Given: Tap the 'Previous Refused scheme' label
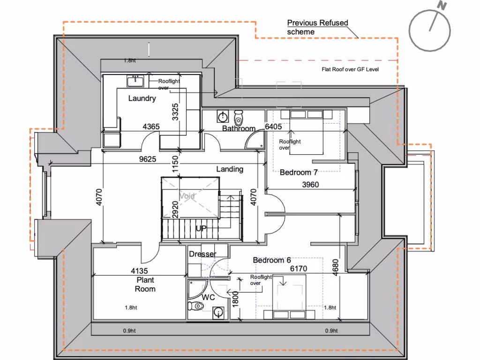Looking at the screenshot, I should pos(317,27).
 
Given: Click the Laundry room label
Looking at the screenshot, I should pos(142,98).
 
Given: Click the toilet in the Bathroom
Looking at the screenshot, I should pos(239,115).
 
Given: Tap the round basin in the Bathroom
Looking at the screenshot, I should pos(222,116).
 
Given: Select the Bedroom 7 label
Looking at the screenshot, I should pos(299,172).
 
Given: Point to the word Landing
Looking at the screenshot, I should pos(230,169).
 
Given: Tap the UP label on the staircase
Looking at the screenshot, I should pos(201,228).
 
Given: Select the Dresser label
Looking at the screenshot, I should pos(202,254).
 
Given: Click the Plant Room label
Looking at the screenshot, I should pos(145,285).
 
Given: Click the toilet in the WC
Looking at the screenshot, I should pos(196,306).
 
